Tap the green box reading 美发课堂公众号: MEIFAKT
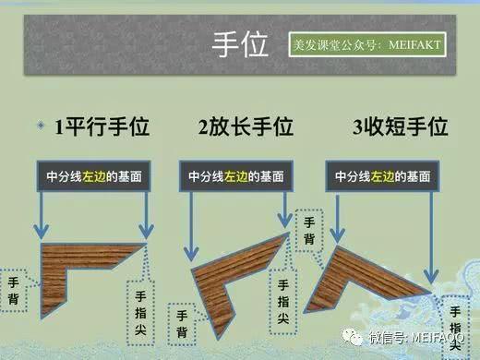pos(366,44)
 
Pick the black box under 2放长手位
pos(236,176)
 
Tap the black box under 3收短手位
pos(382,176)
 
